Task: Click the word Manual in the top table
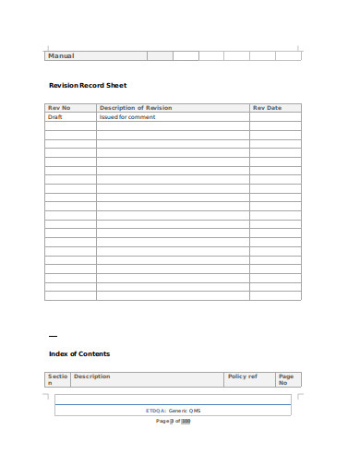point(61,56)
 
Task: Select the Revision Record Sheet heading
point(87,86)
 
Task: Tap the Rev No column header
point(59,108)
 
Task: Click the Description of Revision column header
point(135,108)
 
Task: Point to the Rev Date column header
point(267,108)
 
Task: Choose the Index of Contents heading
point(79,353)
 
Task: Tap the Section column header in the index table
point(56,379)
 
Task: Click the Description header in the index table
point(91,376)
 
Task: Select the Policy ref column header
point(242,376)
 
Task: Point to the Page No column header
point(285,379)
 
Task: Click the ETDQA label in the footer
point(155,410)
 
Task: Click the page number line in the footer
point(173,421)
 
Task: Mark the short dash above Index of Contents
point(53,334)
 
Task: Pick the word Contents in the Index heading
point(93,353)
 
